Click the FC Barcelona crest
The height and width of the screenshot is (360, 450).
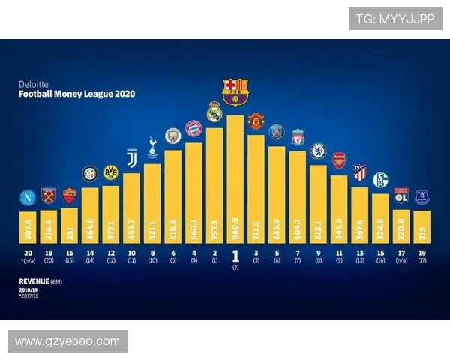(x=235, y=91)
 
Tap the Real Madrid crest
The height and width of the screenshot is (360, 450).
(x=214, y=111)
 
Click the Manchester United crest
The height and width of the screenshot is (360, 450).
(x=256, y=121)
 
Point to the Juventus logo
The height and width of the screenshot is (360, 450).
(x=131, y=159)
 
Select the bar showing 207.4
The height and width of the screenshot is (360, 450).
(x=28, y=225)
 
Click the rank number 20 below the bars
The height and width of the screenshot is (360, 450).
(x=28, y=253)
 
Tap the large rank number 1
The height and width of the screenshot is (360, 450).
(x=235, y=255)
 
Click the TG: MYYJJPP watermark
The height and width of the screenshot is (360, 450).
(x=394, y=19)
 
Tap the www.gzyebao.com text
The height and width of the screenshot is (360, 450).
(x=67, y=341)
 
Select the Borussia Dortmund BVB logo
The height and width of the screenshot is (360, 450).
(x=111, y=172)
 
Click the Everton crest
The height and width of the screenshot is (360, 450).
(x=421, y=197)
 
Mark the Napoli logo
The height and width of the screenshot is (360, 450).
(x=28, y=199)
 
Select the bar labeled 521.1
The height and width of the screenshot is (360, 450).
(x=152, y=202)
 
